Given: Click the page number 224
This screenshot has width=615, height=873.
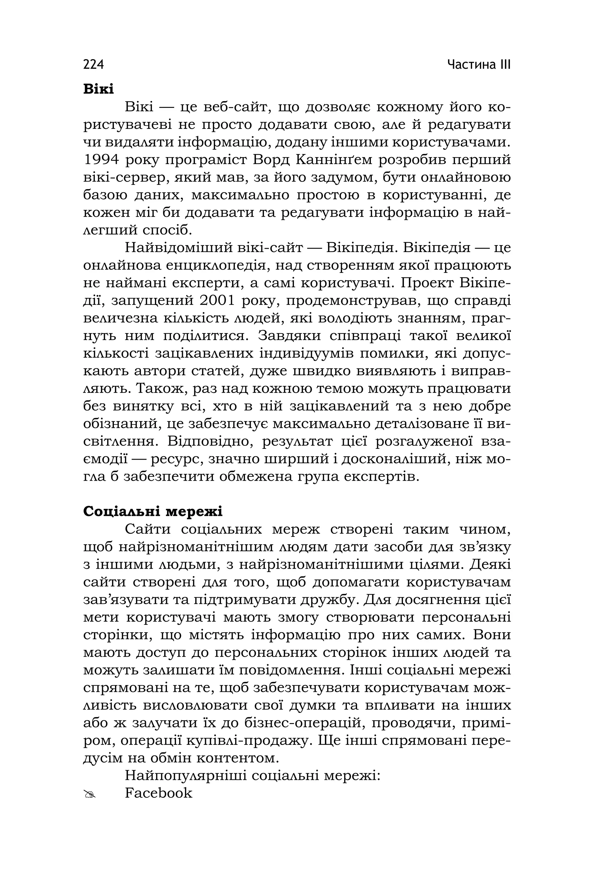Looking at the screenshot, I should click(93, 65).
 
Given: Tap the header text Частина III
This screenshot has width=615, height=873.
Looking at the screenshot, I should click(479, 65).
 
